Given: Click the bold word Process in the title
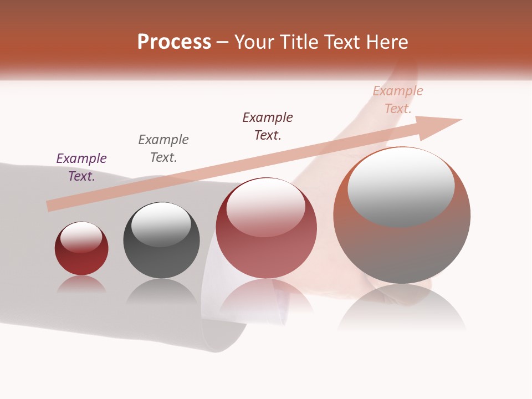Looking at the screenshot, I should (174, 42).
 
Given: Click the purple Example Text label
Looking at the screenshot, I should (81, 167).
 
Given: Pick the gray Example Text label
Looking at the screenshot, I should (163, 149).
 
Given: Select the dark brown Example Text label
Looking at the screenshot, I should (268, 126).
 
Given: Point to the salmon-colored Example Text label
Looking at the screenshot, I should (398, 100).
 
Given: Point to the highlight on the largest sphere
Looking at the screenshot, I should (401, 187).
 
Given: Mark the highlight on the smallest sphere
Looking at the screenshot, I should (81, 237).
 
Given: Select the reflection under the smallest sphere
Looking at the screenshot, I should (81, 284).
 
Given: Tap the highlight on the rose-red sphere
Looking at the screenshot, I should (266, 207).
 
